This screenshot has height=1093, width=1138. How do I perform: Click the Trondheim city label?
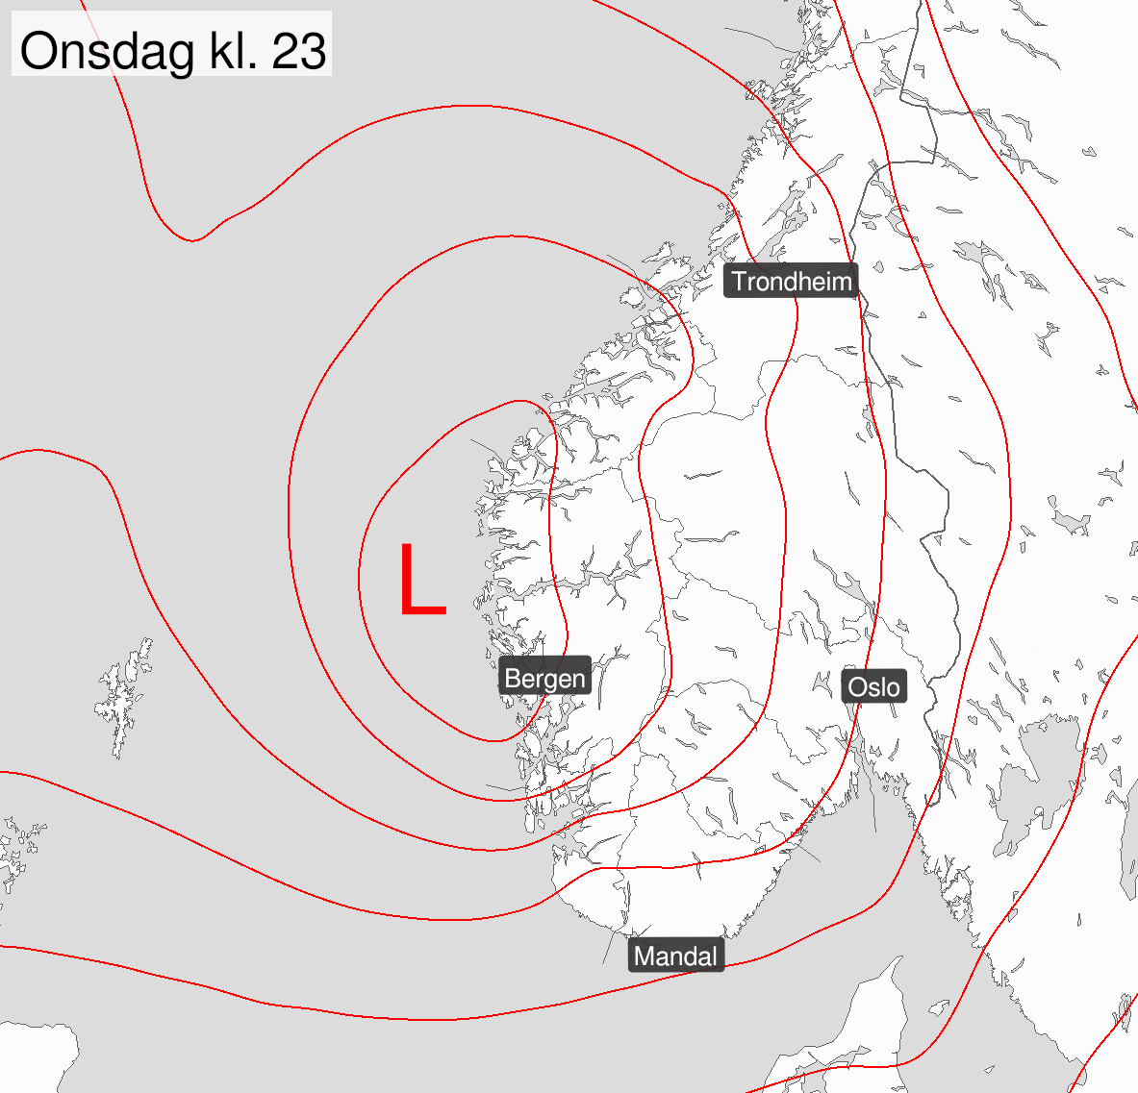point(791,282)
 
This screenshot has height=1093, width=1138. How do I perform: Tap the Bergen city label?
point(544,679)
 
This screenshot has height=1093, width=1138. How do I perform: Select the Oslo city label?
point(874,686)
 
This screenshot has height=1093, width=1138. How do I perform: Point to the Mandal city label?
point(675,956)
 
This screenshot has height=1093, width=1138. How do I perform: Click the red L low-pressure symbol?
point(421,579)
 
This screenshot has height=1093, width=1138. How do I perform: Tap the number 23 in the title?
point(299,50)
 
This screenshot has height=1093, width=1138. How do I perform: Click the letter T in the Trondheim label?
point(739,282)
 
